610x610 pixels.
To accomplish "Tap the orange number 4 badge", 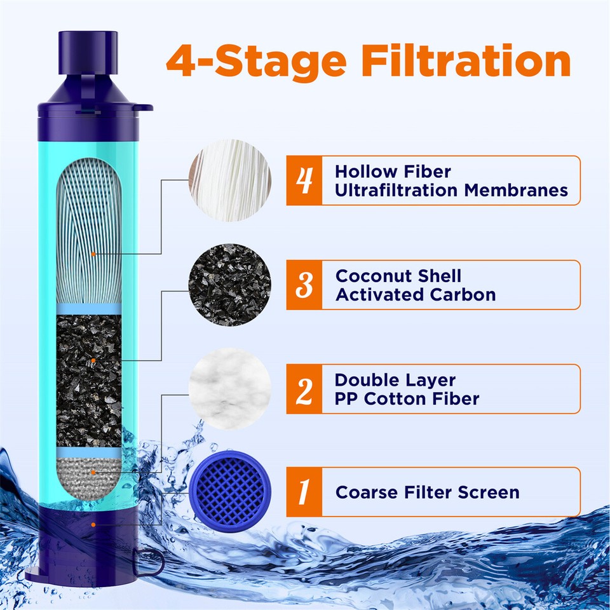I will [x=304, y=180].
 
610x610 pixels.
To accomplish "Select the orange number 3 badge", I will [x=304, y=285].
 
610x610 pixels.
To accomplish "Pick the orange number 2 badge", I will [x=304, y=390].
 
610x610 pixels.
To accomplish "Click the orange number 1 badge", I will [x=304, y=492].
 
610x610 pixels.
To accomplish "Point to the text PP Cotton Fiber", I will [x=407, y=399].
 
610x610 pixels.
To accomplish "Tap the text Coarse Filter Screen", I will [x=427, y=492].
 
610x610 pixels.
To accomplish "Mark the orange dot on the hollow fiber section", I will [x=93, y=254].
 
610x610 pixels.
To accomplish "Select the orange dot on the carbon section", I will [x=93, y=361].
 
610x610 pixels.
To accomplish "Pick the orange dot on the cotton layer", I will [x=93, y=472].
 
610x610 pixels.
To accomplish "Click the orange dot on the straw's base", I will [x=93, y=524].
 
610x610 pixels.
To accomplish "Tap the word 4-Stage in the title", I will [x=256, y=61].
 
